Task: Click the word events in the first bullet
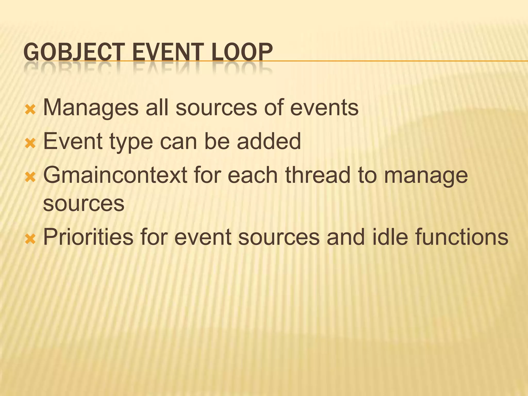click(x=324, y=108)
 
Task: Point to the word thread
click(x=318, y=175)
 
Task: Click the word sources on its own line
click(x=84, y=204)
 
